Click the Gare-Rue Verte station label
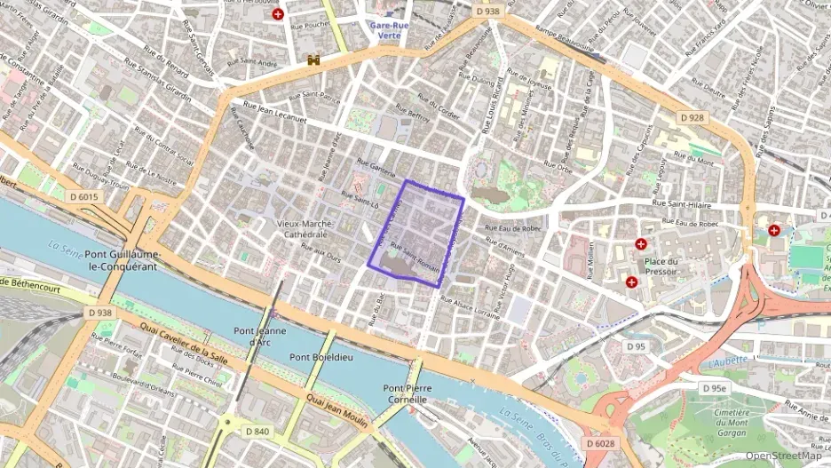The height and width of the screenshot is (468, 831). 389,31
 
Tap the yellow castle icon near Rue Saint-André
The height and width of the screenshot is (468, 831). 313,60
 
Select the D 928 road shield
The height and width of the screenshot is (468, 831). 691,117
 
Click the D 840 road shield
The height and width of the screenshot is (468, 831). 256,432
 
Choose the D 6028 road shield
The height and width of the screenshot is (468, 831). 600,442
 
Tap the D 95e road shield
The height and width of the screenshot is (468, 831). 713,388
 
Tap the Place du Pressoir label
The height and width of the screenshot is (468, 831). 661,267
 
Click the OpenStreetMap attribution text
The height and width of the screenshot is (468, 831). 783,456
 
